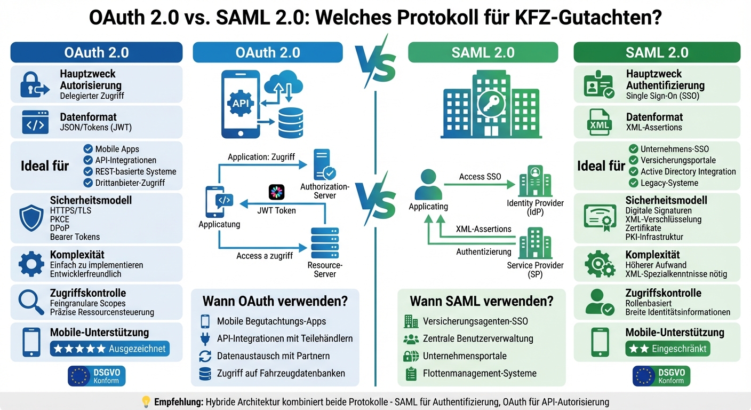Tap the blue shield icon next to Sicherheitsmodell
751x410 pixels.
pos(31,218)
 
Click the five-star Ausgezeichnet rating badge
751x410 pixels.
pos(110,349)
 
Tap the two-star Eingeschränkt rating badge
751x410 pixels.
pos(668,349)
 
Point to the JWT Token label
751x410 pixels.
pos(276,210)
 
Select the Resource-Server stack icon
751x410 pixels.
pos(324,243)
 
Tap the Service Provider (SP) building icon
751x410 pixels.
pos(534,243)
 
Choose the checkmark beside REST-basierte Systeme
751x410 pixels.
pos(89,171)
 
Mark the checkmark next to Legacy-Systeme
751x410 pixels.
pos(634,183)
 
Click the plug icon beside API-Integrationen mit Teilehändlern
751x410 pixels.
pos(205,339)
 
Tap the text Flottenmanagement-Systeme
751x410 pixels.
pos(480,374)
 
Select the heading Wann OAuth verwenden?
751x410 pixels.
pos(275,301)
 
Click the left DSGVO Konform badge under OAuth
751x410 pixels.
pos(97,376)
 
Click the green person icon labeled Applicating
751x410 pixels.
pos(428,185)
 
